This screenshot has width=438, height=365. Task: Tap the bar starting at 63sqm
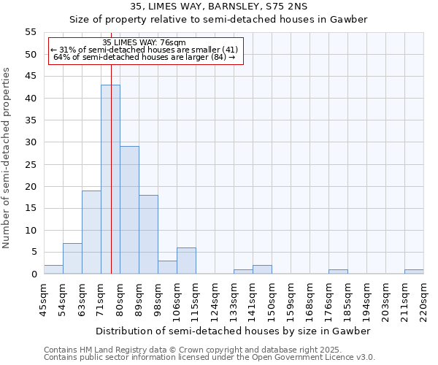coord(91,232)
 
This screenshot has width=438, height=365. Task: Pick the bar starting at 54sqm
coord(72,258)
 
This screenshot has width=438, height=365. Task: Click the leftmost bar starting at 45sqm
coord(53,269)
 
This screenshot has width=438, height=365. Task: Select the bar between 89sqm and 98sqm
coord(148,234)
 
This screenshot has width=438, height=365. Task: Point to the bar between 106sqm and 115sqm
coord(186,261)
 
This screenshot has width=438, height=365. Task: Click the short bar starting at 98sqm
coord(167,267)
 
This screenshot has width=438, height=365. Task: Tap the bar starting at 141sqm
coord(262,269)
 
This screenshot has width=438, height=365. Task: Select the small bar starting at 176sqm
coord(338,272)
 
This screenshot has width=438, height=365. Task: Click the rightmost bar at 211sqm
coord(414,272)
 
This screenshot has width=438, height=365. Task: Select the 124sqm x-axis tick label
coord(215,299)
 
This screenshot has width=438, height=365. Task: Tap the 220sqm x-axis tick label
coord(423,299)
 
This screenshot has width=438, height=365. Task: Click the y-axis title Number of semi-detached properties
coord(7,158)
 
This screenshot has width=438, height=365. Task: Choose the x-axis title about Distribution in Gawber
coord(234,331)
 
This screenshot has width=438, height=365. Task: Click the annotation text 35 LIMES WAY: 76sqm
coord(144,42)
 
